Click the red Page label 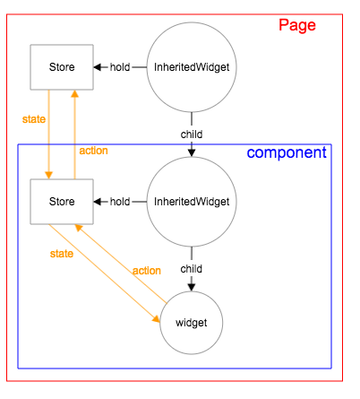pyautogui.click(x=296, y=25)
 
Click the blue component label pyautogui.click(x=287, y=152)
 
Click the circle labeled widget pyautogui.click(x=191, y=322)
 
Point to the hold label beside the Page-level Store pyautogui.click(x=120, y=67)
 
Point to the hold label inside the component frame pyautogui.click(x=120, y=202)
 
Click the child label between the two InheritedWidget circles pyautogui.click(x=191, y=134)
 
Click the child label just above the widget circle pyautogui.click(x=191, y=268)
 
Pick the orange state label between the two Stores pyautogui.click(x=34, y=118)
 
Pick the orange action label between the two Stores pyautogui.click(x=93, y=151)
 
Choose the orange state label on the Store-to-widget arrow pyautogui.click(x=61, y=254)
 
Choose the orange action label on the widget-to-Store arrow pyautogui.click(x=146, y=271)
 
